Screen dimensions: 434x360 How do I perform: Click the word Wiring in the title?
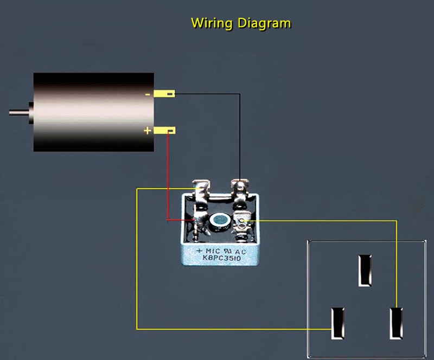(212, 23)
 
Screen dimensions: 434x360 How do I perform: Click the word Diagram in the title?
(264, 23)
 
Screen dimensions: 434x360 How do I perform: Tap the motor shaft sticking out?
(19, 112)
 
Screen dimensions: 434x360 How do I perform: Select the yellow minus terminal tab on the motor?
(164, 94)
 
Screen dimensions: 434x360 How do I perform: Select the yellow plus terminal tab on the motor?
(164, 130)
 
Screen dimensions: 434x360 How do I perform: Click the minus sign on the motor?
(148, 95)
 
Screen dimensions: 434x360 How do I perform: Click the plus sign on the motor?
(148, 130)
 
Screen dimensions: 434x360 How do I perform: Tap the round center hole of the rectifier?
(220, 220)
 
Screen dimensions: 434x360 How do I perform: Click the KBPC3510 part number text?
(222, 258)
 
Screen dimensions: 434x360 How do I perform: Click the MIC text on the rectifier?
(213, 251)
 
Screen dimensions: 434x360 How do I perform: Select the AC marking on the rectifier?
(240, 252)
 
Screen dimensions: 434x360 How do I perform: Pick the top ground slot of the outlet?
(365, 271)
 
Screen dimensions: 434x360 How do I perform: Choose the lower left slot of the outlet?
(338, 323)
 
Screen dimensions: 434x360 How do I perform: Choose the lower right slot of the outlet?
(396, 323)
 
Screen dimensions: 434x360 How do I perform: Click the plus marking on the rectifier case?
(199, 251)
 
